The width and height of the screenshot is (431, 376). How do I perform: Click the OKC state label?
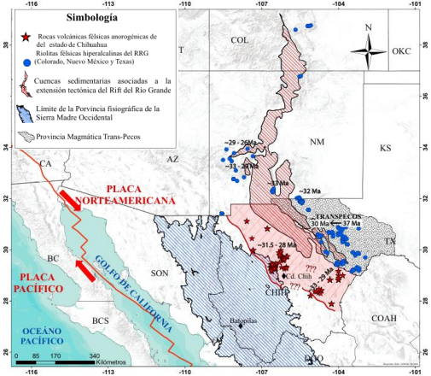click(402, 52)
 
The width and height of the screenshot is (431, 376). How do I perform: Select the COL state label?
click(239, 40)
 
